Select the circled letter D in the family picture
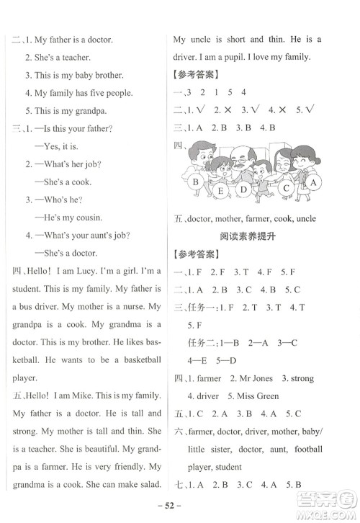[245, 190]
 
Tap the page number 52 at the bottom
[179, 502]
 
